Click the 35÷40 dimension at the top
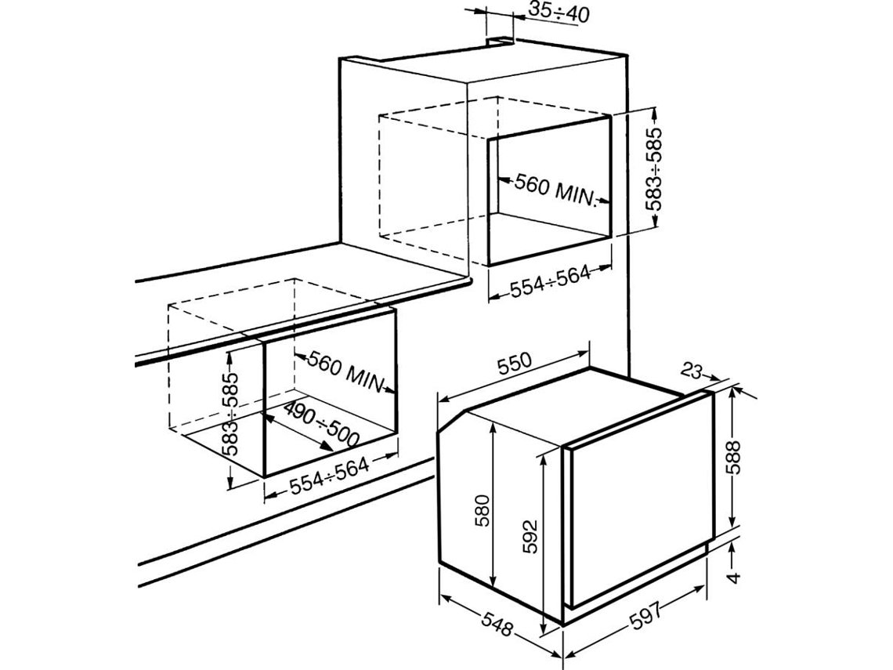[x=559, y=12]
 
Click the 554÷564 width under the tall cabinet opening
[x=550, y=281]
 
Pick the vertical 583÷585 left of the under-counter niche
[x=230, y=414]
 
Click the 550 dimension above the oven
[x=515, y=364]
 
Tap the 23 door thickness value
[x=690, y=371]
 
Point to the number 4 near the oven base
[x=735, y=577]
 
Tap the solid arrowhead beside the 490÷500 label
[x=326, y=446]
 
